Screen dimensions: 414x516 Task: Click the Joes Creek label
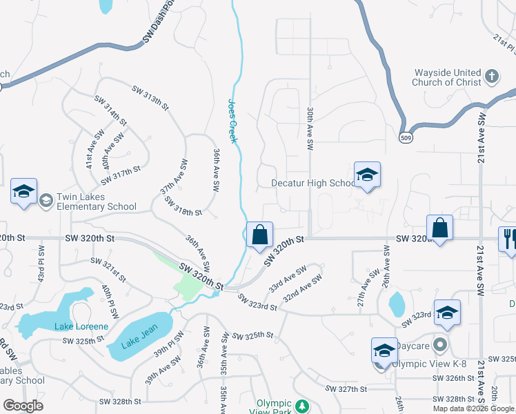pos(232,121)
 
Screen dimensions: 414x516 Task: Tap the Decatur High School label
pos(313,184)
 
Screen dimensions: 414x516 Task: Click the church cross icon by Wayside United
pos(491,76)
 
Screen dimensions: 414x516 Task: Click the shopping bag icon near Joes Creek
pos(259,235)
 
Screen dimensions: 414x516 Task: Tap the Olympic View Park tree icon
pos(301,405)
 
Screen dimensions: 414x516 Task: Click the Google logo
pos(23,406)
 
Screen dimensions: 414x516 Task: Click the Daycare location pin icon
pos(443,343)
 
